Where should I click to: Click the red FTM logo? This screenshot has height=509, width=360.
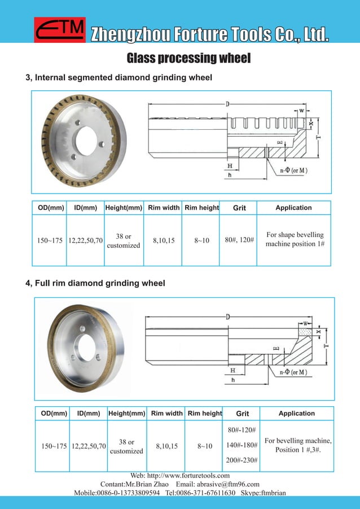[60, 30]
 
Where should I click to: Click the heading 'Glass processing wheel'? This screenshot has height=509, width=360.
[188, 58]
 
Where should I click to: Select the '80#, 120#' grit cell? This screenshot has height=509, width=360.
[239, 240]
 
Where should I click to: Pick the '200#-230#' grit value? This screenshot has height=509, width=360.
[242, 460]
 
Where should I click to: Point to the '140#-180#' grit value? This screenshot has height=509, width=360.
[242, 445]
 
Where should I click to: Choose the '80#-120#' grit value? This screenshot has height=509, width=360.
[242, 431]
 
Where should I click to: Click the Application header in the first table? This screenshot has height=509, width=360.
[293, 208]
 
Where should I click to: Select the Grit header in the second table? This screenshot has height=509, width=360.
[242, 414]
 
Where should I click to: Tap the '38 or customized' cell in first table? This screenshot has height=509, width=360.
[124, 241]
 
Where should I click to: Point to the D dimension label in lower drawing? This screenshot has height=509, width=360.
[228, 317]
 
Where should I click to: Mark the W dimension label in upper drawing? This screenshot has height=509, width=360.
[301, 111]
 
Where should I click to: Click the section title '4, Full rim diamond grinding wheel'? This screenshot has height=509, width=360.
[95, 283]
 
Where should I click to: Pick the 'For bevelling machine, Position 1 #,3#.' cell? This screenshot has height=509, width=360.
[298, 445]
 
